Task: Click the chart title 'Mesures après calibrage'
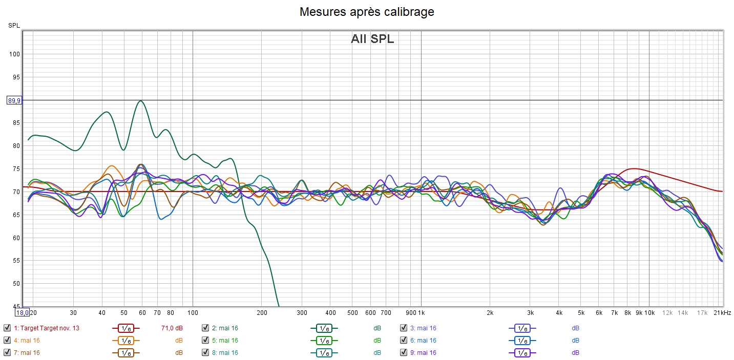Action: click(x=367, y=11)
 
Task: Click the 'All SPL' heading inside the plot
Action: click(x=372, y=39)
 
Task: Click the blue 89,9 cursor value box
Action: click(x=14, y=100)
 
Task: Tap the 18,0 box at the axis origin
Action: click(x=22, y=312)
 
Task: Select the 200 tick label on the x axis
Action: click(x=262, y=312)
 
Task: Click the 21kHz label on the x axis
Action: click(x=722, y=312)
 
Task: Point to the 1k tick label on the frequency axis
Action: click(x=422, y=312)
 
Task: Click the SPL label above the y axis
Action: click(x=13, y=25)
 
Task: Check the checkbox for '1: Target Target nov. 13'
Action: click(x=7, y=328)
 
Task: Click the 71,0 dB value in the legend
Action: click(x=172, y=328)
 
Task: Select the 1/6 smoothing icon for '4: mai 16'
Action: click(x=126, y=341)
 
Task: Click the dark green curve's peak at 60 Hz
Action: click(x=141, y=101)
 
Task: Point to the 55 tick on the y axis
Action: click(x=15, y=261)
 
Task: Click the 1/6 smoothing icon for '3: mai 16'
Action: click(x=522, y=328)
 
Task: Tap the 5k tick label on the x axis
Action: click(x=581, y=312)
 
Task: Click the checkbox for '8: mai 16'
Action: click(x=205, y=353)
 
